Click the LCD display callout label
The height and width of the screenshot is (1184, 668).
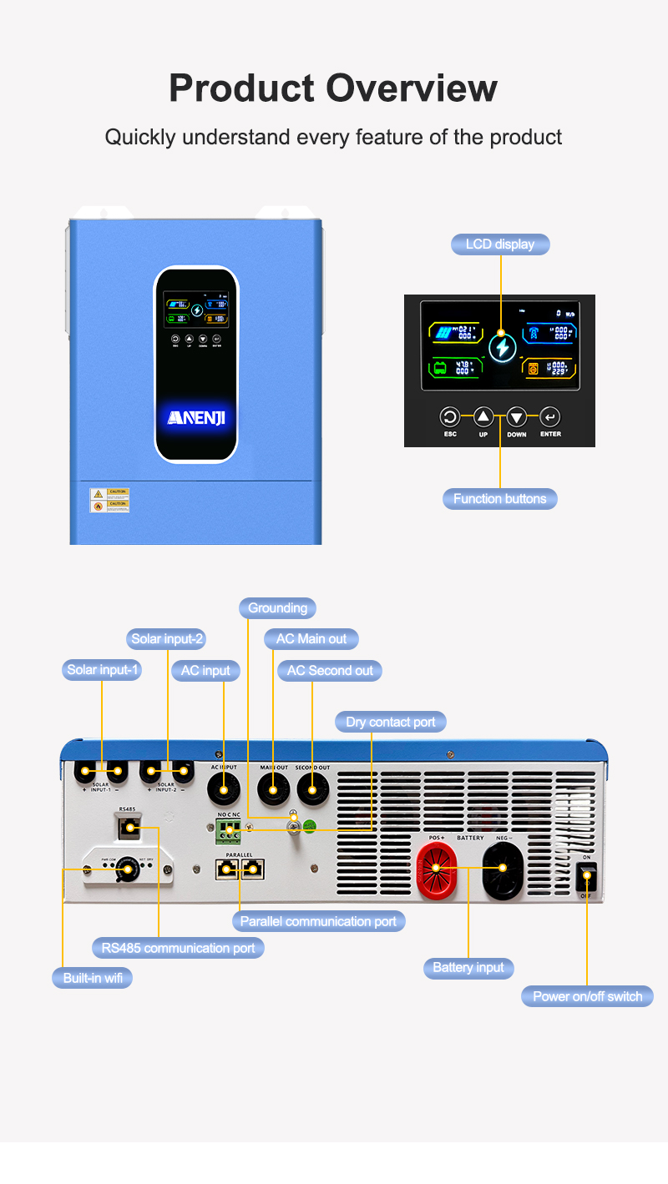tap(500, 244)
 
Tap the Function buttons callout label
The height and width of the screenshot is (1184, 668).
tap(499, 499)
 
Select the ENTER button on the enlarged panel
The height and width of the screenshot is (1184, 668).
tap(549, 417)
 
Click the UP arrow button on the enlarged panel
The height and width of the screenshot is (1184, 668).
tap(483, 417)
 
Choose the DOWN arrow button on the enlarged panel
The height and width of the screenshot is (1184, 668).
tap(517, 417)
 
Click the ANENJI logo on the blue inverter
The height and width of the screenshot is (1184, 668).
tap(196, 417)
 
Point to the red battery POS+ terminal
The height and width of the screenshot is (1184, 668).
tap(436, 869)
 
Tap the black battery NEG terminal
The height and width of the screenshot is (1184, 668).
tap(504, 869)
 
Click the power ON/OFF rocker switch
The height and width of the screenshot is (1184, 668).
tap(587, 875)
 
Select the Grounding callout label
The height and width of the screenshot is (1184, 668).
tap(277, 608)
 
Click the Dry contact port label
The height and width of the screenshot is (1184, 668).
tap(391, 722)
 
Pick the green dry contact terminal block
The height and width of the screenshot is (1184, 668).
tap(229, 829)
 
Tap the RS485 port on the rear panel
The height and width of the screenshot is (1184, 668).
tap(127, 828)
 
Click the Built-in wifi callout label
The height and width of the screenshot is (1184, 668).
tap(93, 978)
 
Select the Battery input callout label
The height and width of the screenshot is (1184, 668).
tap(468, 968)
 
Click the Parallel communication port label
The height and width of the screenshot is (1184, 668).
tap(318, 921)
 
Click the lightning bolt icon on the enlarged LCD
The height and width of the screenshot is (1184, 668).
tap(502, 346)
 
